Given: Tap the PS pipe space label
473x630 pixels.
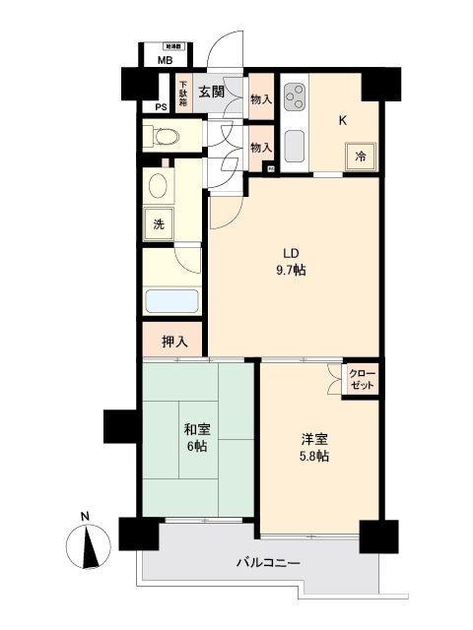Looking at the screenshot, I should (x=161, y=108).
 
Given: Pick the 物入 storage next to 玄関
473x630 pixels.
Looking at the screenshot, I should (x=260, y=98).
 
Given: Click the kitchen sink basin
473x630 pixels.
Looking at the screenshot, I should (x=295, y=147).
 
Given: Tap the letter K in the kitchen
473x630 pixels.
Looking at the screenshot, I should (x=343, y=121).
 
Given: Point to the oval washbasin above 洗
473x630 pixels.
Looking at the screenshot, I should (x=158, y=185).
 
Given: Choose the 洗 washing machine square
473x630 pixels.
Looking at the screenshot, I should (x=158, y=223).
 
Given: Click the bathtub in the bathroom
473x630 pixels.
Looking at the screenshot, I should (x=171, y=301).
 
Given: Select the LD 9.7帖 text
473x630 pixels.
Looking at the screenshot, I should (x=292, y=259).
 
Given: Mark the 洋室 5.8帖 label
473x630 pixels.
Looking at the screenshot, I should (x=315, y=448).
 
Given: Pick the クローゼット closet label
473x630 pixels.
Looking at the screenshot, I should (x=362, y=380).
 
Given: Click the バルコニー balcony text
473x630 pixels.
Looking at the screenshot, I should (x=267, y=562).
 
